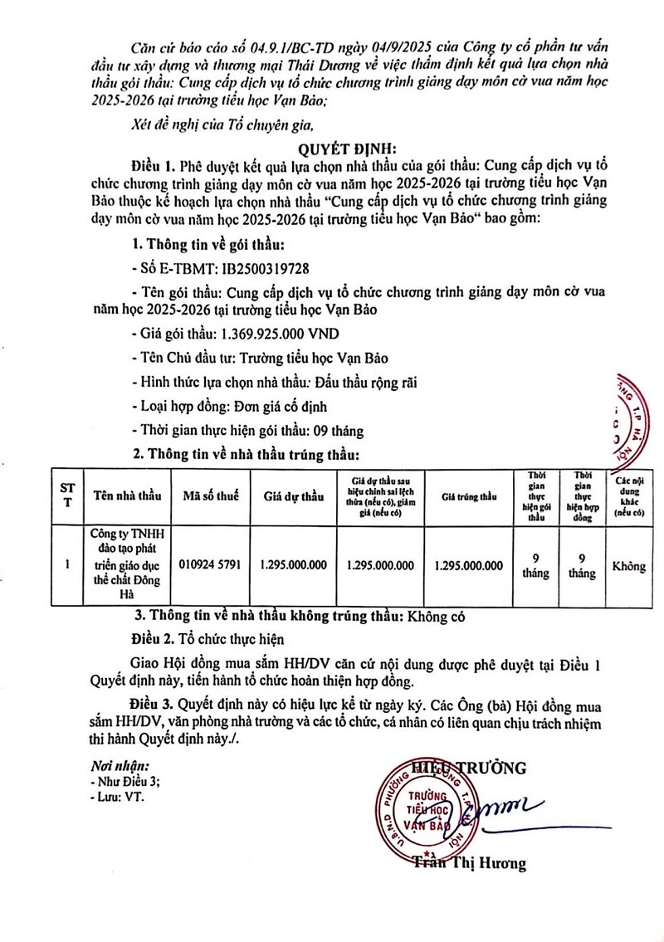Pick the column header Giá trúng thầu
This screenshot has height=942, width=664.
coord(469,496)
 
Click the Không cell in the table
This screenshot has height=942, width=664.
coord(628,566)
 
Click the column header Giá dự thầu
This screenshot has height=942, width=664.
coord(293,496)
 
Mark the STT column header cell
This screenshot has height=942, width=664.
coord(66,496)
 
